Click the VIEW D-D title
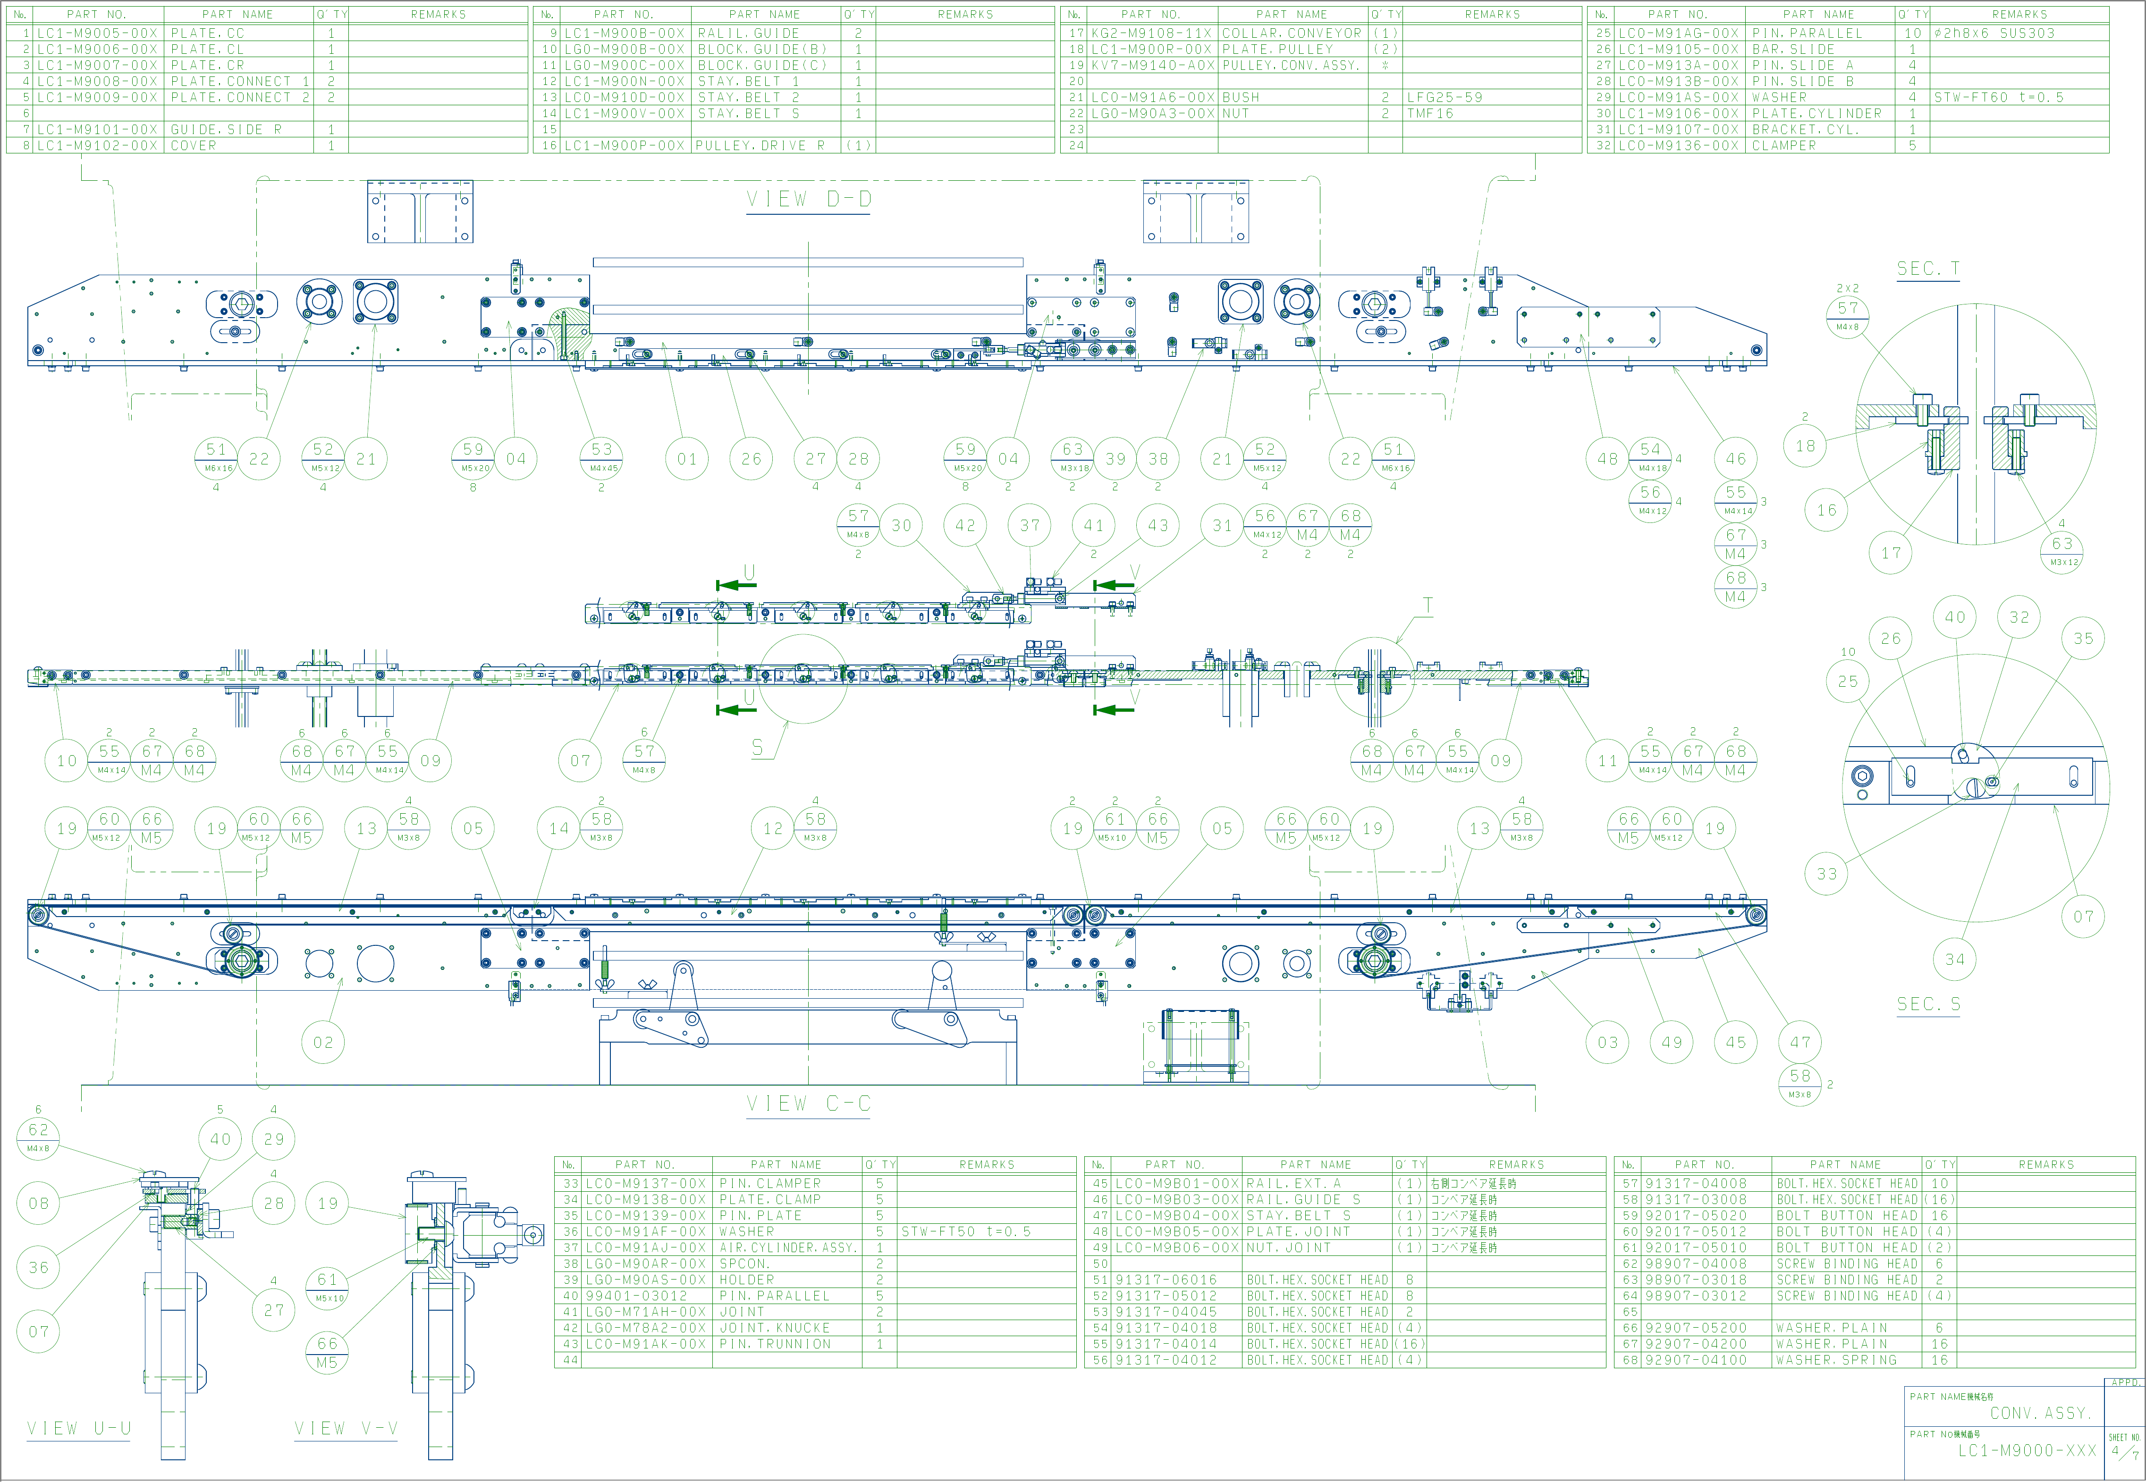[x=809, y=200]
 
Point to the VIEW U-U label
[x=79, y=1428]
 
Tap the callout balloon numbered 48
[x=1607, y=459]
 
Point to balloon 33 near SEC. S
[x=1826, y=874]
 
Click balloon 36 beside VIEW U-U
[x=38, y=1268]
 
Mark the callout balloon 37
[x=1030, y=526]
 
